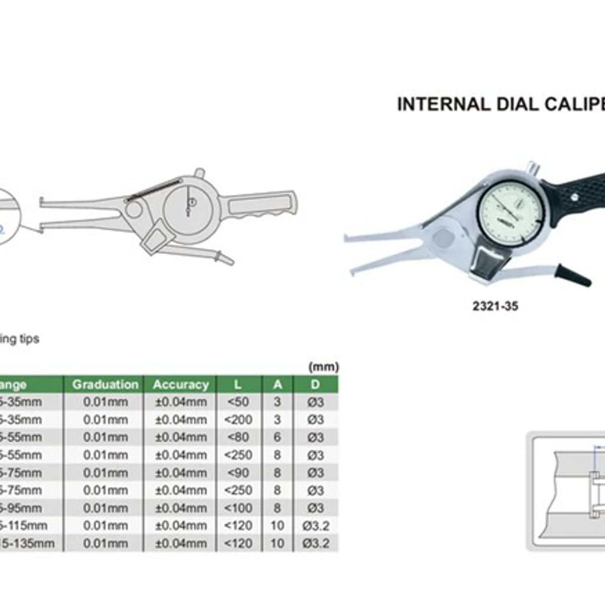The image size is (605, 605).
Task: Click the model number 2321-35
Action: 495,306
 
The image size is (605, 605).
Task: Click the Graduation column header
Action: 105,385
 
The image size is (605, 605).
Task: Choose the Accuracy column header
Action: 180,385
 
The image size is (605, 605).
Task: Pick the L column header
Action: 238,385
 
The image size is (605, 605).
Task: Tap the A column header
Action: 277,385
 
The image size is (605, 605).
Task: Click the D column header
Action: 315,385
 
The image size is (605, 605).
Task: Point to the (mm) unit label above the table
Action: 323,367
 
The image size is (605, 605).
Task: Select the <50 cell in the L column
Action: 238,402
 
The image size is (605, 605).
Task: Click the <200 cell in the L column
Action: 238,420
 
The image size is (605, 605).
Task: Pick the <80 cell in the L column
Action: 238,437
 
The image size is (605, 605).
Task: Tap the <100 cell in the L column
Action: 238,508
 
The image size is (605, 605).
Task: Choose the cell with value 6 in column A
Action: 277,437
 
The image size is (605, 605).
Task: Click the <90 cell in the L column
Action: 238,473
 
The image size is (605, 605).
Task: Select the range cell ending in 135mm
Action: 28,543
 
